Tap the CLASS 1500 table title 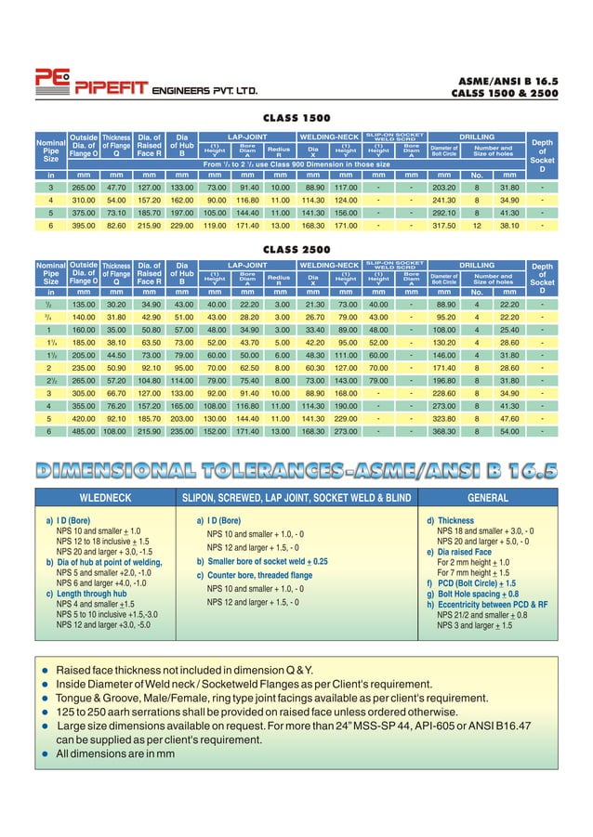coord(296,120)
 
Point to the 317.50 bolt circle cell coord(444,225)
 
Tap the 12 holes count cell coord(476,225)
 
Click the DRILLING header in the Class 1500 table coord(477,137)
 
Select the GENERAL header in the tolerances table coord(487,497)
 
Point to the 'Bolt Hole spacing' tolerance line coord(472,594)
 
